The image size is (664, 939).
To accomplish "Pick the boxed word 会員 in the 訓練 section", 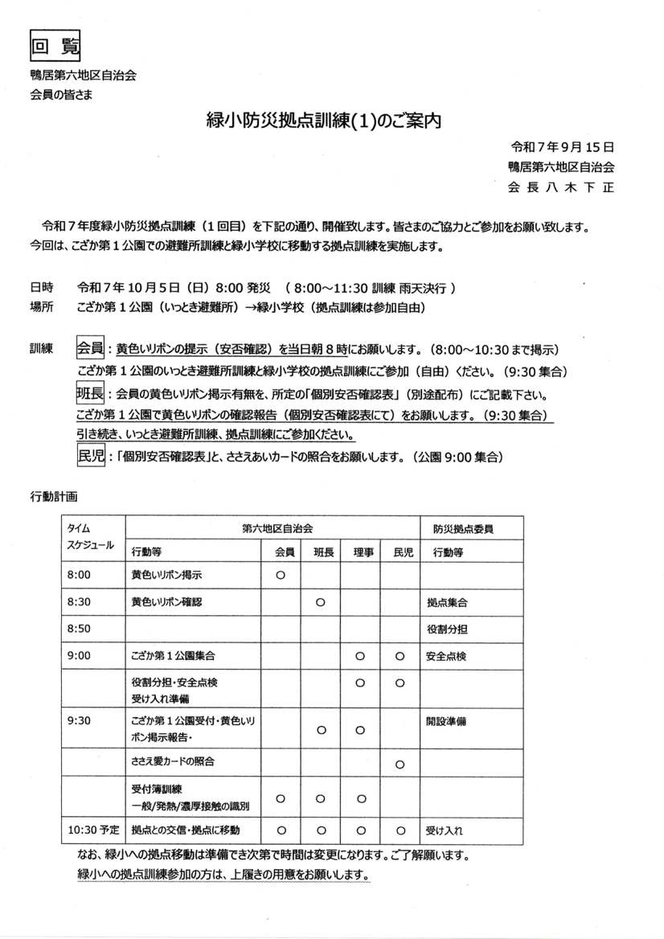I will point(90,350).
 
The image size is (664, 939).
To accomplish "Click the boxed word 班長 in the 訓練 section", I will point(90,395).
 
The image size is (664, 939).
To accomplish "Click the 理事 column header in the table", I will point(361,553).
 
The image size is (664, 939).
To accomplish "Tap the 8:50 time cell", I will point(80,629).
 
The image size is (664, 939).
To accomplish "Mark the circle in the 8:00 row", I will point(281,576).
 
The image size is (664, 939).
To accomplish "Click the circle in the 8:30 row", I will point(320,602).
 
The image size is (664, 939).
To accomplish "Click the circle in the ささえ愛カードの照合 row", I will point(400,763).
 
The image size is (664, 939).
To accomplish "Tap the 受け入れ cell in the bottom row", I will point(445,830).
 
